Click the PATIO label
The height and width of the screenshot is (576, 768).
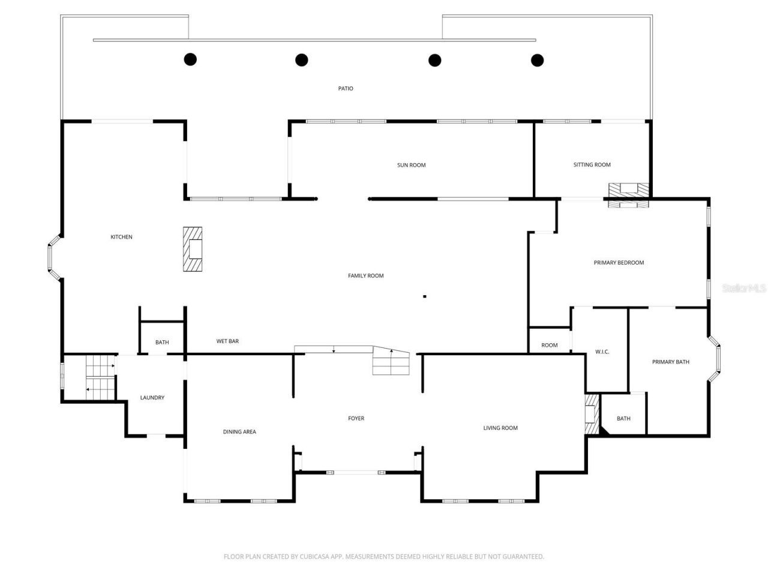click(346, 89)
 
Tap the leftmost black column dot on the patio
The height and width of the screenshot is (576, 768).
click(190, 59)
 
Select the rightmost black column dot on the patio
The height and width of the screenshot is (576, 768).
click(538, 60)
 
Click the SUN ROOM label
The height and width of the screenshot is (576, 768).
click(411, 165)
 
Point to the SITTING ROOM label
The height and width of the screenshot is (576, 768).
click(592, 164)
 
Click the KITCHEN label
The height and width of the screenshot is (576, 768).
click(121, 237)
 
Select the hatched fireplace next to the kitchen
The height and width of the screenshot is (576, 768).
click(193, 249)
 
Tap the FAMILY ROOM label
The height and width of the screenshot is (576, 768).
click(365, 276)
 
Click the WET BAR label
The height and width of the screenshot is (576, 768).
click(227, 341)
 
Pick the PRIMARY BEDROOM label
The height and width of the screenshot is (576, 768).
click(619, 263)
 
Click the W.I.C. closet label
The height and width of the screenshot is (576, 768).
click(602, 352)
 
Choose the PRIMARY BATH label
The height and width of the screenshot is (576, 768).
click(670, 362)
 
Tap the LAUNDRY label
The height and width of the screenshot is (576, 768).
click(152, 398)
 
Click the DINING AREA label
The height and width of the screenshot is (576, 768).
click(239, 432)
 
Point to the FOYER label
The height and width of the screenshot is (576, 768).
click(356, 418)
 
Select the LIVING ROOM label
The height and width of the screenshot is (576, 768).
click(500, 428)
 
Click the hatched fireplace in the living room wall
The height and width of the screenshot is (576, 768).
click(592, 414)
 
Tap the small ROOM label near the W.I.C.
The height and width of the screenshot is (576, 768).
click(549, 345)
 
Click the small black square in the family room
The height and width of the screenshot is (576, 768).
click(425, 296)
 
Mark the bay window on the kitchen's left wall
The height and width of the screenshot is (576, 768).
click(53, 258)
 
